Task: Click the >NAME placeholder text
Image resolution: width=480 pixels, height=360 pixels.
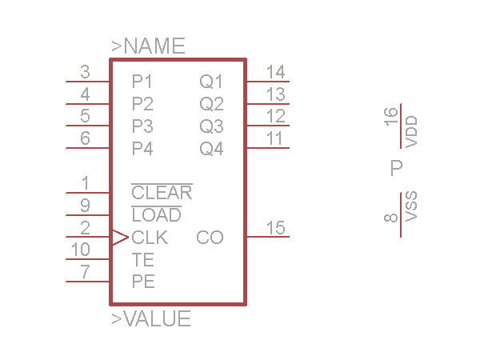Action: click(148, 46)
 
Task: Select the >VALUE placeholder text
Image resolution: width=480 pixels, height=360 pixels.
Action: click(151, 319)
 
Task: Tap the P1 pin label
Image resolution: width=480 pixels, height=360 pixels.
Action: click(142, 82)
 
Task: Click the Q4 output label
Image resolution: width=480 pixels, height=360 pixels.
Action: click(211, 149)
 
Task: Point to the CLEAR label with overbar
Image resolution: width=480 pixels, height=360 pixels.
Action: click(162, 193)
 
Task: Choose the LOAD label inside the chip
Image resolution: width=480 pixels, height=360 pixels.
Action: click(156, 215)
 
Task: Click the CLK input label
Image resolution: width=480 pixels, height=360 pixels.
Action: click(150, 238)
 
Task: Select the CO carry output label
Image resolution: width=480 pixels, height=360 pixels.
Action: click(210, 238)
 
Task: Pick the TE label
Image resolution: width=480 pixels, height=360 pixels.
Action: click(142, 260)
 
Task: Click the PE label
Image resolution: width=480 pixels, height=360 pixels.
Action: click(143, 282)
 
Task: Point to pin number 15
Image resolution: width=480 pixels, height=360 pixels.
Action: click(275, 228)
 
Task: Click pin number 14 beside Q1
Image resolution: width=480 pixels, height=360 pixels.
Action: click(275, 72)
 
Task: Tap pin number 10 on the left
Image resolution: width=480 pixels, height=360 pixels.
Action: click(81, 250)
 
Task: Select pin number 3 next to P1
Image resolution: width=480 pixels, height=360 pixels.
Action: click(85, 72)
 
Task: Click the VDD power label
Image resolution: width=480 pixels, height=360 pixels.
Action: click(412, 131)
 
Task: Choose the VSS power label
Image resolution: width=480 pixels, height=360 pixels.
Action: click(412, 206)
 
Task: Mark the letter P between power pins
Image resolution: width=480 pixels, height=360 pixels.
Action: click(396, 168)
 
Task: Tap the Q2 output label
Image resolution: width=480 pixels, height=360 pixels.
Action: click(211, 104)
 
